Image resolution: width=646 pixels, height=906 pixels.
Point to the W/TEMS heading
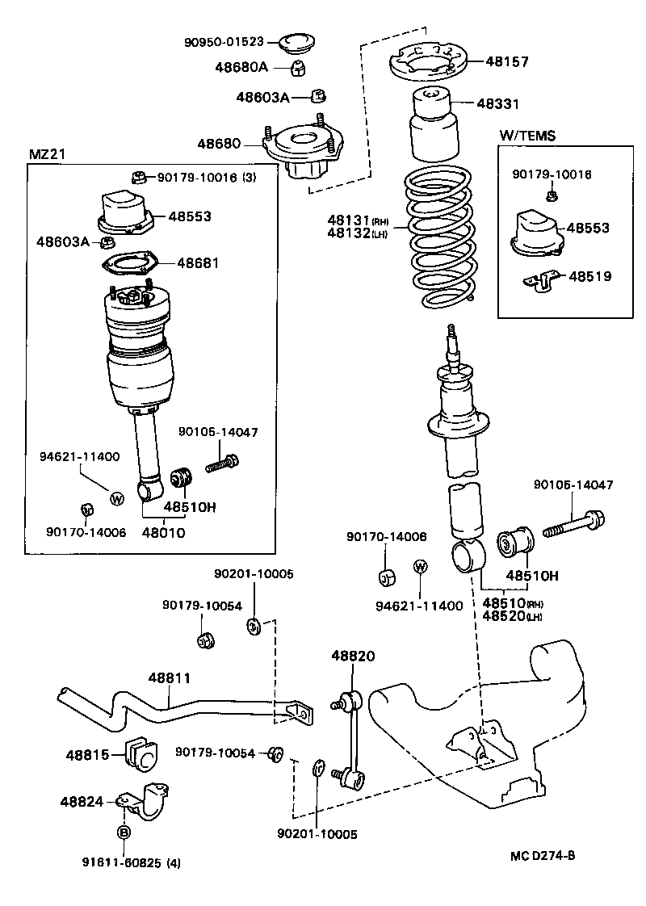pyautogui.click(x=527, y=136)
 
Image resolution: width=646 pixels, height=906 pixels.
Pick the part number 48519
pyautogui.click(x=589, y=276)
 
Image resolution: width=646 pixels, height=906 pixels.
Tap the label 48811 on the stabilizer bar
pyautogui.click(x=170, y=680)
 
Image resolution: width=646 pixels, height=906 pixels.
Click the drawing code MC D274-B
pyautogui.click(x=542, y=856)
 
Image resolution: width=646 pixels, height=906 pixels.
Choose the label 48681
pyautogui.click(x=198, y=262)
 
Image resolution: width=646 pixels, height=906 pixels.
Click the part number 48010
pyautogui.click(x=163, y=532)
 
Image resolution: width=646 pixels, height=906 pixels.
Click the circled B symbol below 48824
pyautogui.click(x=124, y=832)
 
